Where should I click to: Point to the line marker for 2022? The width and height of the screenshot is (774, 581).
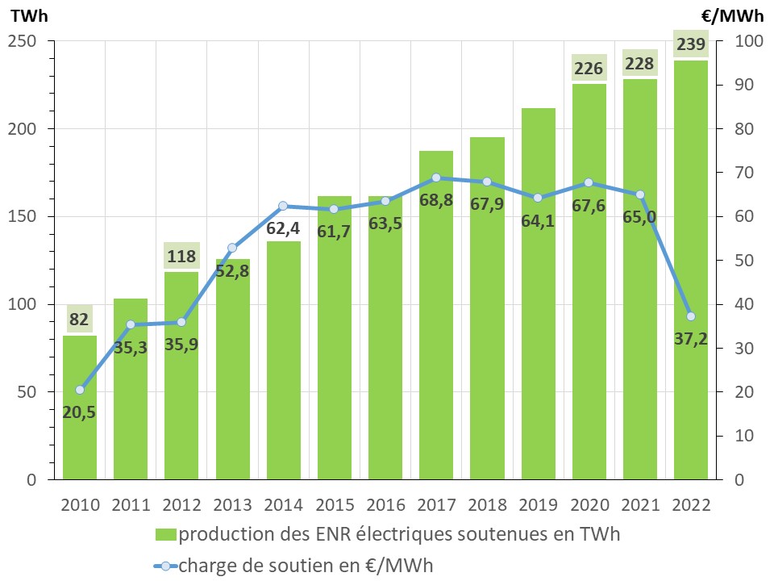point(691,316)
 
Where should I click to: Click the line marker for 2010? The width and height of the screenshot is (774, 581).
point(80,390)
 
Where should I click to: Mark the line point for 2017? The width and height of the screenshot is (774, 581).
point(436,178)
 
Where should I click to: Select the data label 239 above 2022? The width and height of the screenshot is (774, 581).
point(691,44)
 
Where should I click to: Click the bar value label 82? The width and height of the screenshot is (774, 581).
point(79,320)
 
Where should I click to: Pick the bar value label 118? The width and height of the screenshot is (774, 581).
point(181,256)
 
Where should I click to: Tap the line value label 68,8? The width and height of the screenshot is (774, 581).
point(436,199)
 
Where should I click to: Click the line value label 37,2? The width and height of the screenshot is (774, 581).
point(691,337)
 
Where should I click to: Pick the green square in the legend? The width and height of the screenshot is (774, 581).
point(166,534)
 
